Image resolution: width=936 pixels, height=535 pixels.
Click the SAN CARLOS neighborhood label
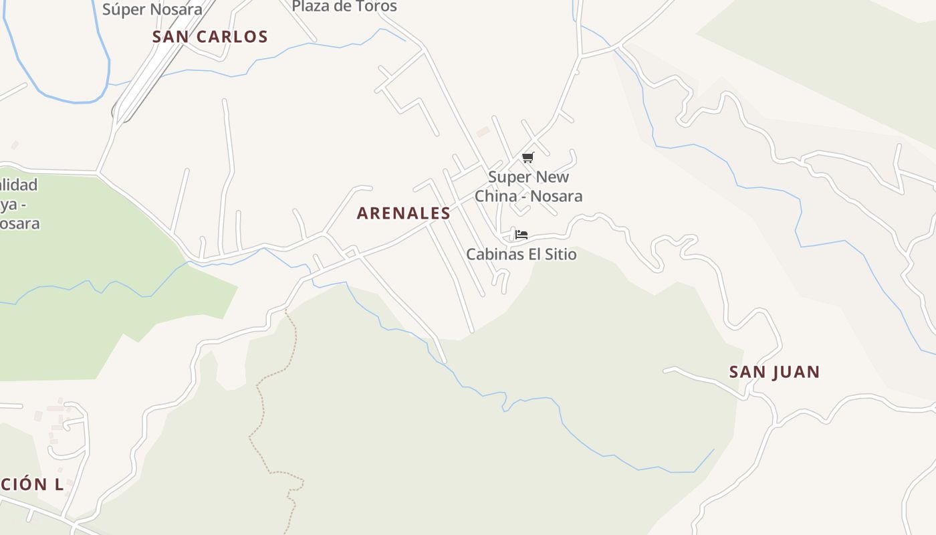[210, 37]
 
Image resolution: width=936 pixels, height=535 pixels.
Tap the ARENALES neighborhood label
[403, 213]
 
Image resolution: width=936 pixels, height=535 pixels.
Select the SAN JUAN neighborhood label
[774, 372]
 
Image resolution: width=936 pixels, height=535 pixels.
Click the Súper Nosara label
[152, 9]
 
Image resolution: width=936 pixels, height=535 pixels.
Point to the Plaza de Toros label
[344, 7]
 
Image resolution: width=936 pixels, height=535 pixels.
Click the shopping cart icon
[528, 158]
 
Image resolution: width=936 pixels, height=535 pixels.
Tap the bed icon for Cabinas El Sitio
[521, 235]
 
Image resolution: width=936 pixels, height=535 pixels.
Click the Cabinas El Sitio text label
[521, 254]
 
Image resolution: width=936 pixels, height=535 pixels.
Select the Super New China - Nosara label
[528, 187]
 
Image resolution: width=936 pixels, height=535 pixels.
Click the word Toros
[376, 7]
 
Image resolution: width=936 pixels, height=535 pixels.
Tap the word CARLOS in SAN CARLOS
[232, 37]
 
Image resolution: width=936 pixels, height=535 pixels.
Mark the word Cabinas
[494, 254]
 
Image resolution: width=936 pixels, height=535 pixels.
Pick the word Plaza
[312, 7]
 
